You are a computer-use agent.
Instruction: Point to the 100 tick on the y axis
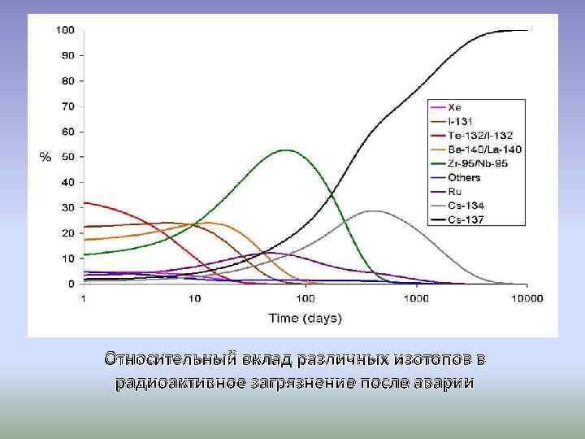(65, 30)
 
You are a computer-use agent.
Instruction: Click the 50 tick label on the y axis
(68, 157)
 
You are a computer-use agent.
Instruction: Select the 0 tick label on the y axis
(71, 284)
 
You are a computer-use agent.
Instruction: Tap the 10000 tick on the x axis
(526, 298)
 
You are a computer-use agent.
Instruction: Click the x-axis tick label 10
(194, 298)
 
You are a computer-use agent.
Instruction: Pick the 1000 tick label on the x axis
(416, 298)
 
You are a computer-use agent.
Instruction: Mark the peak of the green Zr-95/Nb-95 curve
(286, 150)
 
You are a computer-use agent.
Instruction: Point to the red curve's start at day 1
(84, 202)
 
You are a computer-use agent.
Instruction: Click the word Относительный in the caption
(171, 359)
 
